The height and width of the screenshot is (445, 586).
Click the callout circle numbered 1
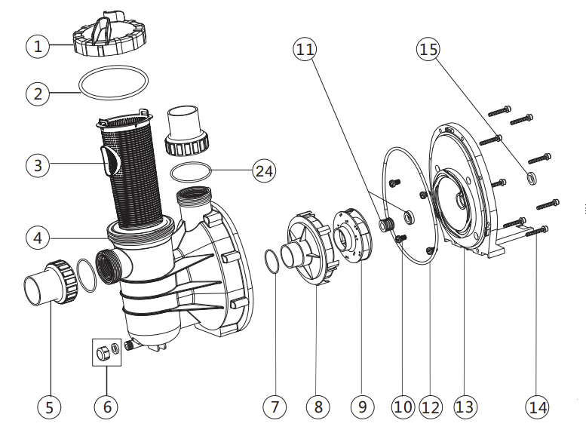coord(38,45)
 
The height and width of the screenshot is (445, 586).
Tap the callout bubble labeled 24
coord(263,170)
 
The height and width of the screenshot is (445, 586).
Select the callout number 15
coord(428,50)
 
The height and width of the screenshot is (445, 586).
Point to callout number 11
coord(305,50)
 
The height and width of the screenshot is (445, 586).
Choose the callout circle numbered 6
coord(106,407)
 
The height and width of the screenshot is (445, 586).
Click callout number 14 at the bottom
coord(537,407)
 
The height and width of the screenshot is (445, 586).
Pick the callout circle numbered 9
coord(362,407)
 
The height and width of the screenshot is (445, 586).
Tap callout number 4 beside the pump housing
coord(38,237)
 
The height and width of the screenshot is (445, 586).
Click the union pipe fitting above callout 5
coord(50,284)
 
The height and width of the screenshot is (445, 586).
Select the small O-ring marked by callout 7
coord(273,259)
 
